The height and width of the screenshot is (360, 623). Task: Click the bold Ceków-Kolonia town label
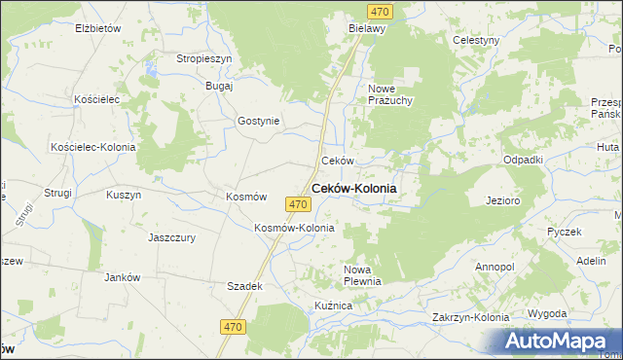coord(353,189)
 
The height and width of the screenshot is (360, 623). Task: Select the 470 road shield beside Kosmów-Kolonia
coord(299,204)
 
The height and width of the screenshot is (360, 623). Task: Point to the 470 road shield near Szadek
coord(232,329)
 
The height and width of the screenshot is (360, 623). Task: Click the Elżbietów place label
coord(97,28)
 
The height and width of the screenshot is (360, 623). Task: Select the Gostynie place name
coord(259,122)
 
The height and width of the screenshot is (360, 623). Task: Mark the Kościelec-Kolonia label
coord(92,147)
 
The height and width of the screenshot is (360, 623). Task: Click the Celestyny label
coord(476,40)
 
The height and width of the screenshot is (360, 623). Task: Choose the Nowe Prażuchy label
coord(391,94)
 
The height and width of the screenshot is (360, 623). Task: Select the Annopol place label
coord(495,266)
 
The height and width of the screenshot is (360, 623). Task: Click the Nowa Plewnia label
coord(362,274)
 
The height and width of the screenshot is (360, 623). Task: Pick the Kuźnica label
coord(332,306)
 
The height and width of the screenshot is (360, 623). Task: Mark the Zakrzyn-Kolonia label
coord(471,317)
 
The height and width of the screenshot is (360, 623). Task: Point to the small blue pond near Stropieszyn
coord(151,70)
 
